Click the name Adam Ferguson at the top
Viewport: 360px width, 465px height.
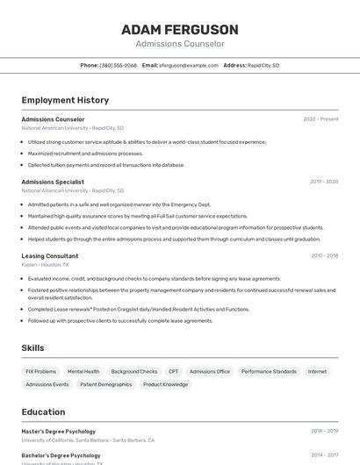coord(179,29)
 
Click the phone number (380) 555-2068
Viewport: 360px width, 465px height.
coord(118,65)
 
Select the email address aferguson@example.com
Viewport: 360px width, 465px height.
coord(188,65)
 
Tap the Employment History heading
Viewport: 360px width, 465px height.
coord(65,100)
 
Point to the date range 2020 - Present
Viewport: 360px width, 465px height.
coord(320,118)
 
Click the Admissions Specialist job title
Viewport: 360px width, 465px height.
coord(53,182)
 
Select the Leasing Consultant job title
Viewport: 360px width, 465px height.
coord(50,256)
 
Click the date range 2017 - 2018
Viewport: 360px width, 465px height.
coord(324,256)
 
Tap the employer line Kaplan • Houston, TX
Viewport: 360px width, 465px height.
coord(45,264)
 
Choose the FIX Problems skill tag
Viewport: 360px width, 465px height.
coord(41,371)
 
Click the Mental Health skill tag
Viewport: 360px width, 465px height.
coord(83,371)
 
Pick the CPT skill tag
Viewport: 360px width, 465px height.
coord(173,371)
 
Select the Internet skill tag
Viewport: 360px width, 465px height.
coord(317,371)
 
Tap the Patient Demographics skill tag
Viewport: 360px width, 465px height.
coord(105,384)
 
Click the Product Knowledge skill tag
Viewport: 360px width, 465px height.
coord(165,384)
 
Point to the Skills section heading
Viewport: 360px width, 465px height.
coord(32,348)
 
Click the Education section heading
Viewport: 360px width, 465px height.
coord(43,411)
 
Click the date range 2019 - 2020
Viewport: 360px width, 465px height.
coord(324,182)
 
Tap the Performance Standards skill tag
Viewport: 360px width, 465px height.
coord(269,371)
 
